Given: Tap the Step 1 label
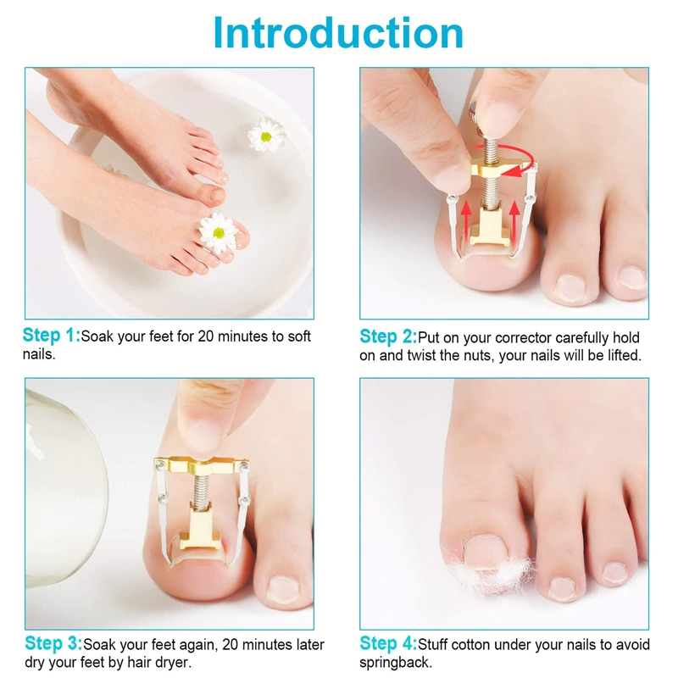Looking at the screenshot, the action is (x=52, y=336).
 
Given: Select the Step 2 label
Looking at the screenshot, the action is (x=388, y=336).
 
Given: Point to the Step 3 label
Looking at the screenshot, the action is (x=53, y=643).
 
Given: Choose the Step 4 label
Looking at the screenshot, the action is (x=388, y=643).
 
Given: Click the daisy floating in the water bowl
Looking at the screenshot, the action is (x=266, y=135).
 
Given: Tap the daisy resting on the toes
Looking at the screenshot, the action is (x=219, y=232).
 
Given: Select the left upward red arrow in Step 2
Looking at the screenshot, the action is (x=465, y=221).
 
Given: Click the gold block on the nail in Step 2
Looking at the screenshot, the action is (x=490, y=227).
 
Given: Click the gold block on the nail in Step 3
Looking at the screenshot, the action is (x=200, y=527).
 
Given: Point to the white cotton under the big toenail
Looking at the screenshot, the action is (x=493, y=570).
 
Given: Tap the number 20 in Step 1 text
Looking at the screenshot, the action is (x=205, y=336).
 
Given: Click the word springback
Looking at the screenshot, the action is (x=395, y=664).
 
